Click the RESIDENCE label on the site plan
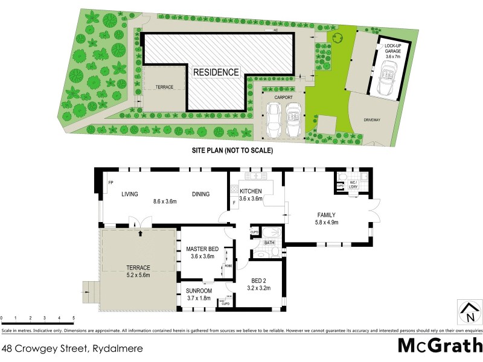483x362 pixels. [x=216, y=72]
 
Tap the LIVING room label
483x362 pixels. [x=130, y=194]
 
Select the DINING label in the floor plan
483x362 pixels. [x=200, y=194]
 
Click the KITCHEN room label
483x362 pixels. [x=250, y=191]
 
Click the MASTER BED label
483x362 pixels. [x=202, y=249]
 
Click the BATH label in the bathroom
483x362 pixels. [x=269, y=243]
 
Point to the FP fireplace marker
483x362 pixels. [x=111, y=182]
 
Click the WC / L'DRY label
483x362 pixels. [x=353, y=184]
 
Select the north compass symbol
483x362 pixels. [x=469, y=313]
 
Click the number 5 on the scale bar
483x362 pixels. [x=74, y=317]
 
